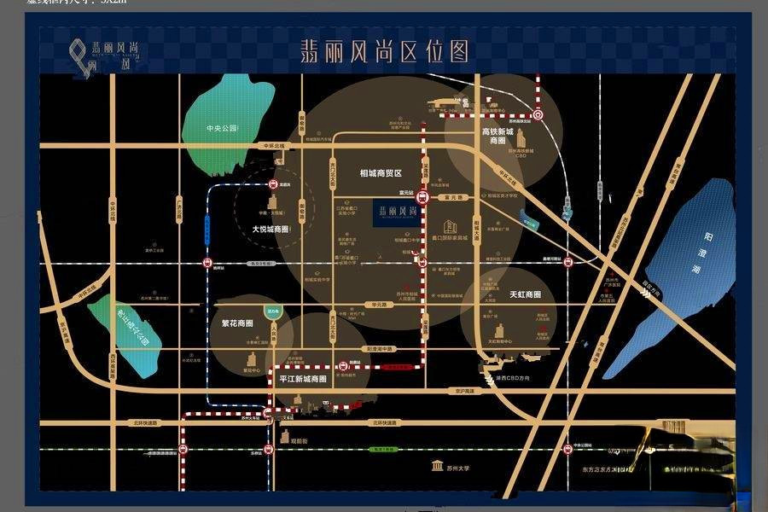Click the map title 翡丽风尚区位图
point(385,51)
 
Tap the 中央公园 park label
point(220,128)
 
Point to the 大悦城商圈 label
point(270,229)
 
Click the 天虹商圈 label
point(525,294)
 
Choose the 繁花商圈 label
point(233,324)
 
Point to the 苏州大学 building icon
point(437,466)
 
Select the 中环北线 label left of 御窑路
point(274,146)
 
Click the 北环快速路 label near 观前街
point(382,422)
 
